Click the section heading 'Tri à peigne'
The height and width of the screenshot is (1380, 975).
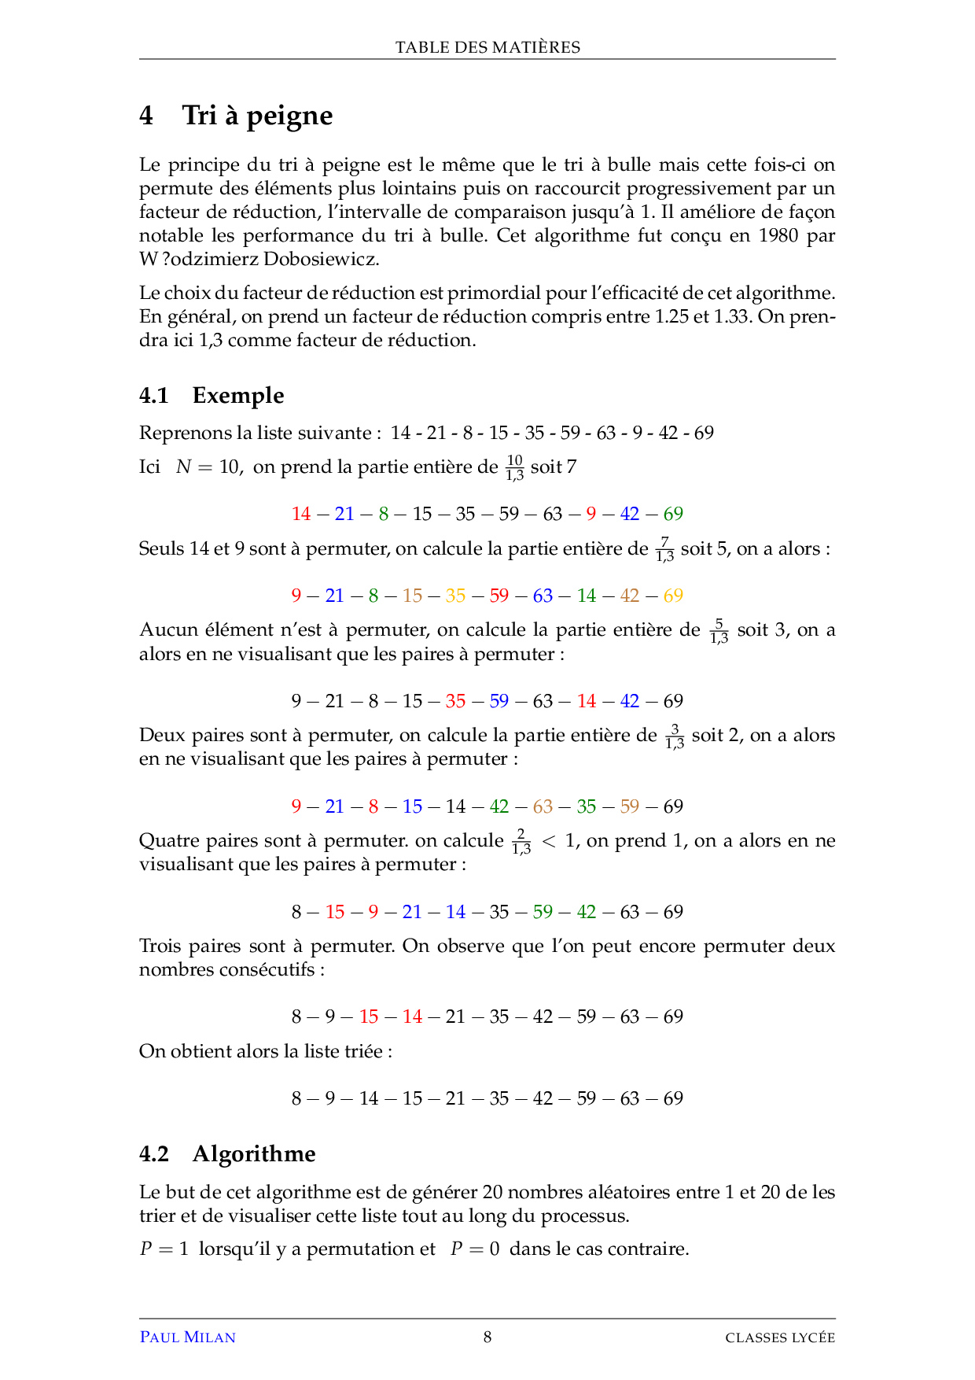(257, 116)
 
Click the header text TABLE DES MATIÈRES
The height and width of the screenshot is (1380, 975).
(487, 47)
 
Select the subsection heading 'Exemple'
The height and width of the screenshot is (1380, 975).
(237, 395)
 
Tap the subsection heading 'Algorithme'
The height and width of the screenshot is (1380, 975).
(253, 1153)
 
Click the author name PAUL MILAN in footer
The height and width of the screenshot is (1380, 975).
(187, 1338)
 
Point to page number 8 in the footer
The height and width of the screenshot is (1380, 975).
(487, 1337)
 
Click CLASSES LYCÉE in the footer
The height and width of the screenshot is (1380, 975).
(779, 1338)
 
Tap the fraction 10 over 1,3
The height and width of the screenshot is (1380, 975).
(514, 467)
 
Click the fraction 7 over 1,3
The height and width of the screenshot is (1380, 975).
(664, 549)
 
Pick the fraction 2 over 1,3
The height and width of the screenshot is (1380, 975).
(521, 841)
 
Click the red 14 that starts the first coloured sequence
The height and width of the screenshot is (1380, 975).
(301, 514)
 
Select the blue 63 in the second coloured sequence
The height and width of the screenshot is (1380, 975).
(543, 596)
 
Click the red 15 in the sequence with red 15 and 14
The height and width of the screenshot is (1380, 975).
(369, 1017)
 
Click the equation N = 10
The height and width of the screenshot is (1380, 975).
(208, 467)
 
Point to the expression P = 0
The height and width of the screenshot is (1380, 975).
(474, 1249)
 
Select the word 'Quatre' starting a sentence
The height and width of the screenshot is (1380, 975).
(169, 841)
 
